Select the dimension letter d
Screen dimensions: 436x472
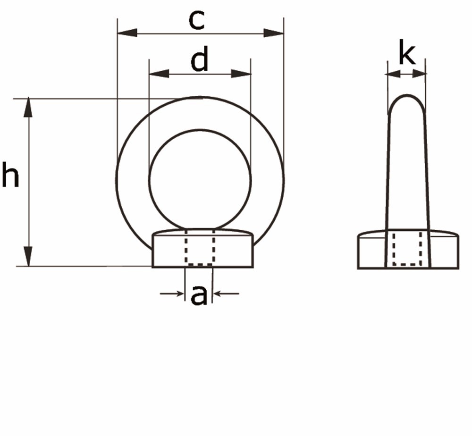199,61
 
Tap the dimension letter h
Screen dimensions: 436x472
10,176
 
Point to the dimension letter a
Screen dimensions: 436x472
199,295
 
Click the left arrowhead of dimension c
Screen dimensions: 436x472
127,33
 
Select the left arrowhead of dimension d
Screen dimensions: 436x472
159,74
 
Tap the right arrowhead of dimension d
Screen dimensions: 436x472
241,74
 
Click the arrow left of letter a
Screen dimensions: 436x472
172,294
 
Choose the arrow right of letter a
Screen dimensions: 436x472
226,294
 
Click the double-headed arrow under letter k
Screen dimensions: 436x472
406,74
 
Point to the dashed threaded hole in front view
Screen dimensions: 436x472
200,247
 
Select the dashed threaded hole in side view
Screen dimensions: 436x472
407,248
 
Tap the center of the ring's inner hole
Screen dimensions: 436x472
200,178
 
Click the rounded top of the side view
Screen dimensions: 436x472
406,100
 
